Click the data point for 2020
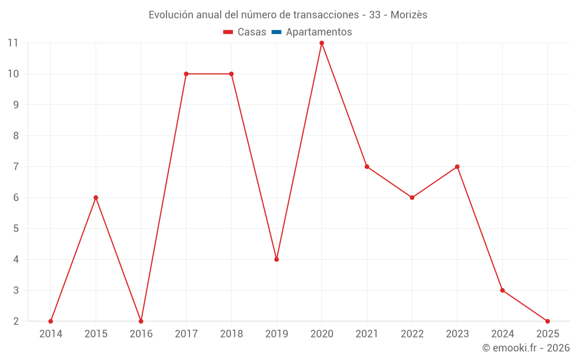coord(321,43)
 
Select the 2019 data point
coord(276,259)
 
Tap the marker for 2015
coord(96,198)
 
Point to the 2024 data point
coord(502,290)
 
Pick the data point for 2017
coord(186,74)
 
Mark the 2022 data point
coord(412,198)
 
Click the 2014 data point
coord(51,321)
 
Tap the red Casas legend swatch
coord(228,32)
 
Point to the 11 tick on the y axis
coord(13,43)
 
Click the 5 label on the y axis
coord(16,229)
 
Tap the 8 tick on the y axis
coord(16,136)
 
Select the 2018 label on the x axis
coord(232,334)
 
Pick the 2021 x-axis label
coord(367,334)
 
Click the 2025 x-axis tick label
coord(547,334)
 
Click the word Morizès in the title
coord(409,15)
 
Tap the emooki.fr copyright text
coord(526,348)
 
